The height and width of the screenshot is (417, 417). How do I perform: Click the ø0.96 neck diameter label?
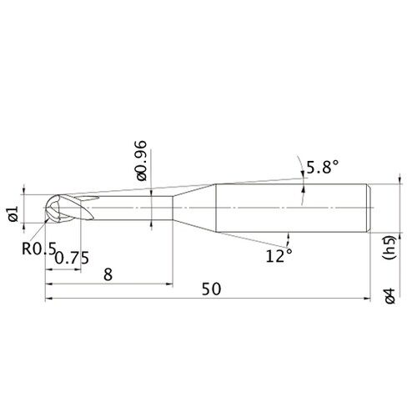pos(140,161)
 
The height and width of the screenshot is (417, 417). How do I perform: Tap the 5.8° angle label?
pos(322,167)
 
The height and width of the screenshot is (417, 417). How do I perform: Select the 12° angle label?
pos(279,255)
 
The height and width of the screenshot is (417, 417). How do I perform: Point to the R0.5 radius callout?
pos(39,248)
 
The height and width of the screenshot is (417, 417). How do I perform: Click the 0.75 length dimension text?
pos(72,258)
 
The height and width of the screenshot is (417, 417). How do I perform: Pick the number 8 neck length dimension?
pos(108,274)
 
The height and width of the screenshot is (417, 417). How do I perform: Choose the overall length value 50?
pos(211,289)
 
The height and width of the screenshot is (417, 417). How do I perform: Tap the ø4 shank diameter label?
pos(389,295)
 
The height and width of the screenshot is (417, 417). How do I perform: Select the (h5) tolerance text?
pos(389,248)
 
